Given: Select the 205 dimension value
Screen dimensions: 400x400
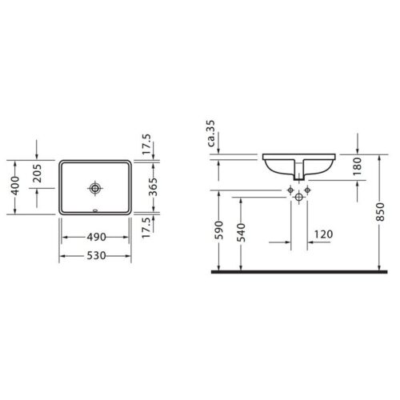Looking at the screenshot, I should pos(38,174).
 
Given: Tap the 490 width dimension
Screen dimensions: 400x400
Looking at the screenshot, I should pos(96,237).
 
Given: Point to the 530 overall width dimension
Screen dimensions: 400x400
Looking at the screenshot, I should pos(96,255).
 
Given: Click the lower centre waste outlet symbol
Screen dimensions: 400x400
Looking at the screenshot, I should pos(298,197).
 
